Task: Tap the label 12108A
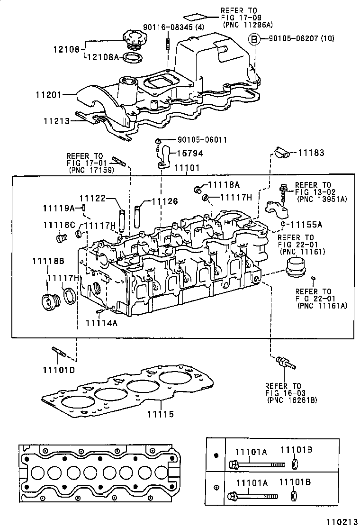[103, 57]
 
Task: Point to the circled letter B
[254, 39]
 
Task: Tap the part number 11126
[164, 201]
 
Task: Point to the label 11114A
[101, 323]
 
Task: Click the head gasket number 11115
[160, 414]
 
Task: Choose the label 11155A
[306, 225]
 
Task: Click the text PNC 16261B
[292, 400]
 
